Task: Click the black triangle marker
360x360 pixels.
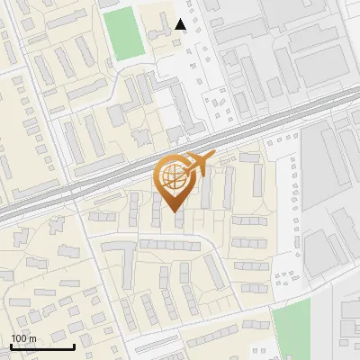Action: [x=181, y=24]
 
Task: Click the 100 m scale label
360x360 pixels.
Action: [x=23, y=339]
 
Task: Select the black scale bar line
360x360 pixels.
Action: [x=42, y=346]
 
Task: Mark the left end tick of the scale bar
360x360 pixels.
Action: [x=11, y=345]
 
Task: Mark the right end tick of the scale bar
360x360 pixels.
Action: [x=75, y=345]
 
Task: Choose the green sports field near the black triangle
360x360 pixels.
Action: [x=122, y=33]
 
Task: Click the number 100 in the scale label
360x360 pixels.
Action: [x=19, y=339]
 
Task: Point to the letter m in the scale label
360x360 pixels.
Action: [x=32, y=339]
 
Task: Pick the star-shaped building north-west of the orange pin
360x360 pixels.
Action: [x=142, y=138]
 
